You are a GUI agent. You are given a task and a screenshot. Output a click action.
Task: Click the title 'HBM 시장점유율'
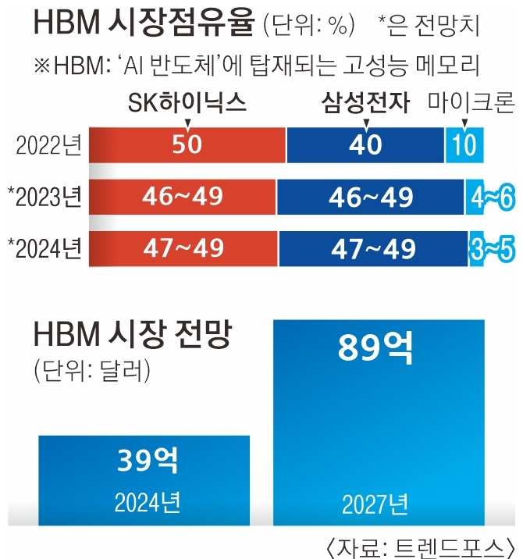144,24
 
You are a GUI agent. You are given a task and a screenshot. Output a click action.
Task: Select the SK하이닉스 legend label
187,103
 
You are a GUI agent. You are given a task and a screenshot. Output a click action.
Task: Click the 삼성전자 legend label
363,103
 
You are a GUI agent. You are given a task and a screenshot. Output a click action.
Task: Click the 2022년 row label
48,146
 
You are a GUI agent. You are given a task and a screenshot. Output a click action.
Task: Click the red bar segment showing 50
187,146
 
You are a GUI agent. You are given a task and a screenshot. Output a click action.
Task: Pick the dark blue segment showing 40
365,146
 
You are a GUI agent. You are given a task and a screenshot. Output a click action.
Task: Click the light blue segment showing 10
464,146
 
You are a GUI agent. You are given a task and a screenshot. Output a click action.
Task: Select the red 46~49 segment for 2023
183,197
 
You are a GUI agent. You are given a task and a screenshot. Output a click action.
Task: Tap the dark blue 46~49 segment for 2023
370,197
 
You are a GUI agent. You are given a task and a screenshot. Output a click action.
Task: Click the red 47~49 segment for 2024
183,248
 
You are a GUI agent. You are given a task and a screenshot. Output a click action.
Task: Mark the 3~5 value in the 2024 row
492,248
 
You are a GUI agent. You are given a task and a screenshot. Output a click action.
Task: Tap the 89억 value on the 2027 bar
375,348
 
